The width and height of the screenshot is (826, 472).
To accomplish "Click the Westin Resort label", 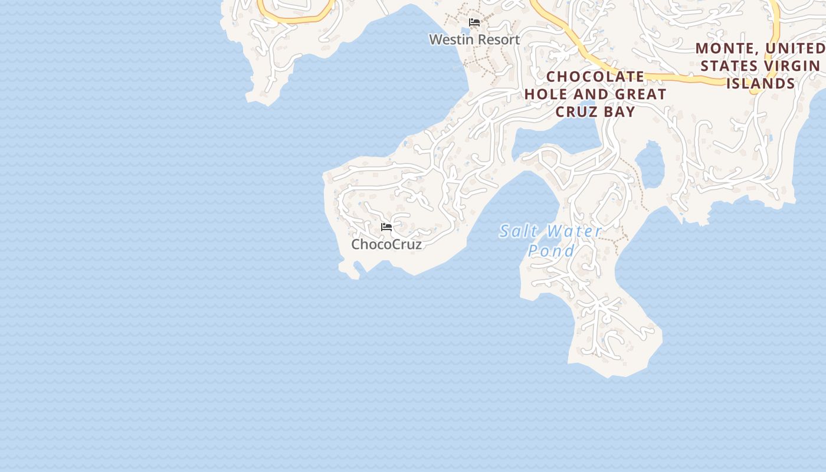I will (x=474, y=40).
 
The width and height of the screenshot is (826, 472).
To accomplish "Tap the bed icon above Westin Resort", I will (x=474, y=22).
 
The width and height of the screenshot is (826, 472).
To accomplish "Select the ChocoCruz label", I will (x=386, y=244).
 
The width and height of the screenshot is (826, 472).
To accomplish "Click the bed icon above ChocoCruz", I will (x=386, y=227).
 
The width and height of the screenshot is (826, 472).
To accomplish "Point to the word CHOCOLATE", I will (x=595, y=77).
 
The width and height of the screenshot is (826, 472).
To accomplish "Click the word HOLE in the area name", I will (x=546, y=94).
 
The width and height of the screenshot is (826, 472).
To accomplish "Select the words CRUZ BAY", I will (x=595, y=112).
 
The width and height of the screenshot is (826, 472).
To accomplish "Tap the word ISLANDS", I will (x=761, y=83).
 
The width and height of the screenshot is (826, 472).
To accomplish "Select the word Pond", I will (x=551, y=251).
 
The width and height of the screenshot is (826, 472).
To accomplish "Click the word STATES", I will (x=729, y=65).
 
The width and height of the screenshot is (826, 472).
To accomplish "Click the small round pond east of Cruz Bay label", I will (x=651, y=164).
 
